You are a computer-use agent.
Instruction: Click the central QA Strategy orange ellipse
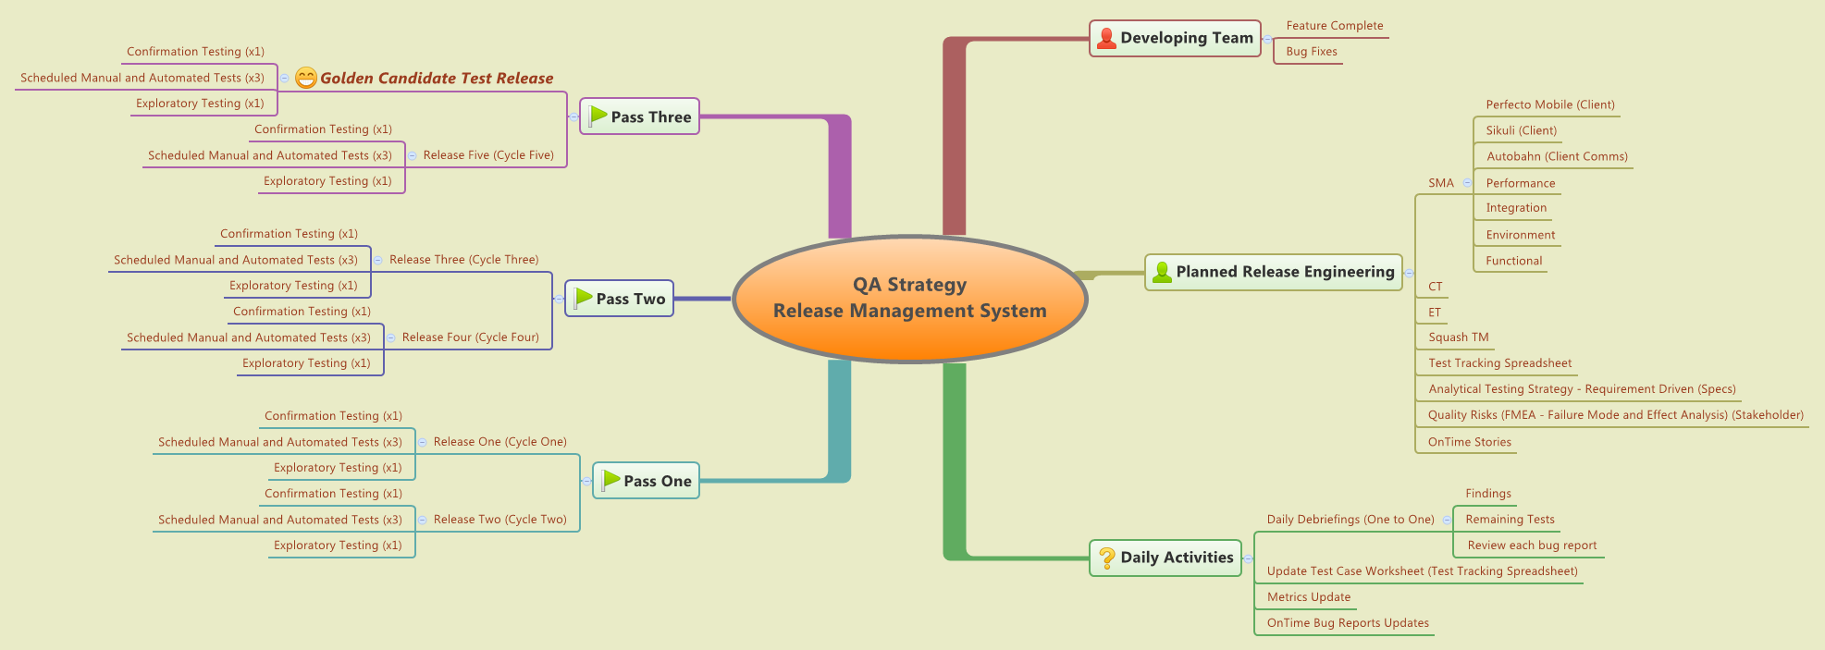[x=909, y=299]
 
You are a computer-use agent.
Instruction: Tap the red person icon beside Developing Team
[x=1105, y=38]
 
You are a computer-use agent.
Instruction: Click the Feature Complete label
[x=1334, y=26]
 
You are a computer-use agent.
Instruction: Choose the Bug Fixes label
[x=1311, y=52]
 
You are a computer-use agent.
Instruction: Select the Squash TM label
[x=1458, y=337]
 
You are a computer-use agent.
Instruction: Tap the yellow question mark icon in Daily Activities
[x=1106, y=558]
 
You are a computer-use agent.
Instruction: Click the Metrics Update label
[x=1308, y=597]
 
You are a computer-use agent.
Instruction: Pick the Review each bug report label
[x=1531, y=546]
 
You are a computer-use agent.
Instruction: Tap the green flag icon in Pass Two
[x=583, y=298]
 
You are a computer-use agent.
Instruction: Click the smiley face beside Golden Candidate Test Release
[x=306, y=79]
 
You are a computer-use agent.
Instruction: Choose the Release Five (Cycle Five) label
[x=487, y=155]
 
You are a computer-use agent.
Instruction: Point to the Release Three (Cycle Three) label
[x=463, y=260]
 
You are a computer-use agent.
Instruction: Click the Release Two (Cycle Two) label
[x=499, y=520]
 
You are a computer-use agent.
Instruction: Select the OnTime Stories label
[x=1469, y=442]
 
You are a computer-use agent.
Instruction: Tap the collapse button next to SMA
[x=1467, y=183]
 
